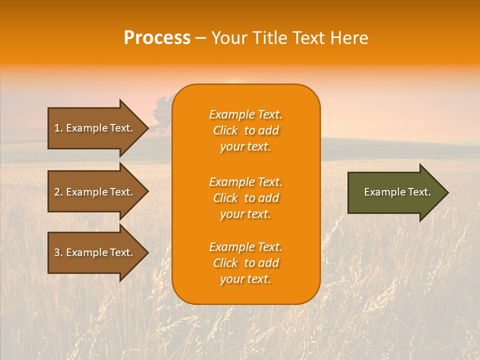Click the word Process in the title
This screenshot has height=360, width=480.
coord(157,38)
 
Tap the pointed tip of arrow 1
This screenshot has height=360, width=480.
coord(147,128)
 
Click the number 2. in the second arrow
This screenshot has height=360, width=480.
coord(58,192)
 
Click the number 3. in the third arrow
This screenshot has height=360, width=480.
coord(58,252)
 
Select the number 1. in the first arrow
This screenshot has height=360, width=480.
coord(58,128)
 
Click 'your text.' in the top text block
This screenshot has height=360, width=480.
coord(245,147)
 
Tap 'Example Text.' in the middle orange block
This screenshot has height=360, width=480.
coord(245,182)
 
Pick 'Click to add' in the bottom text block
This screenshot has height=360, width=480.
coord(245,263)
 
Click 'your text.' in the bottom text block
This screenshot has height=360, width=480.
coord(245,279)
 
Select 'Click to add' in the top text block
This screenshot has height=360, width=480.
coord(245,131)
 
